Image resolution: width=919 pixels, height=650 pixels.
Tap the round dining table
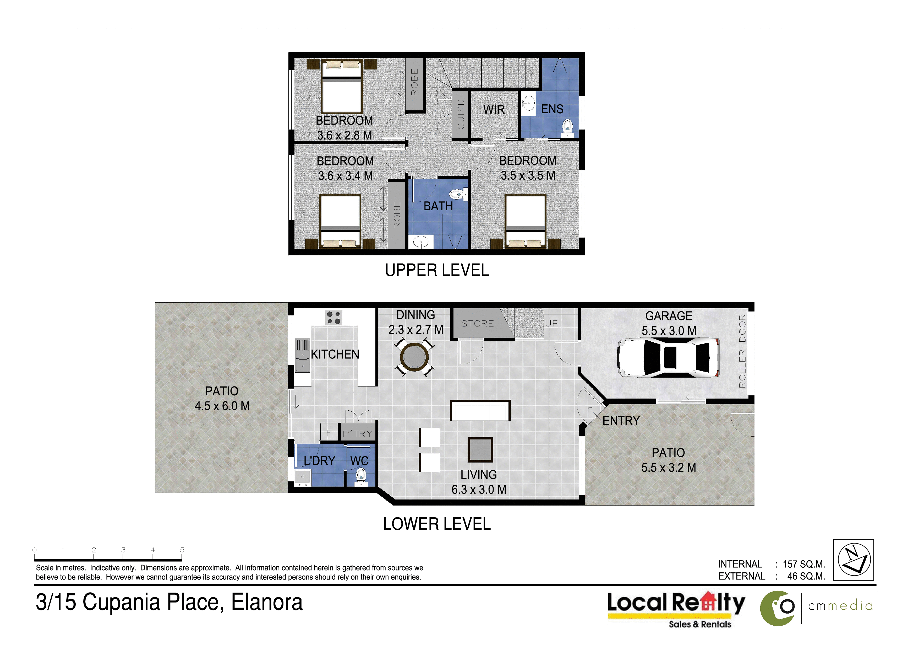(415, 357)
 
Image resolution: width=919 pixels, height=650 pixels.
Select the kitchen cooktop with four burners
(333, 318)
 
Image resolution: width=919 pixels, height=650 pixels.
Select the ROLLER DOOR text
(742, 351)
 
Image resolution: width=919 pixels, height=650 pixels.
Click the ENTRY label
(621, 421)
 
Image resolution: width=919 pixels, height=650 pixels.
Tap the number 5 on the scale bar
(182, 550)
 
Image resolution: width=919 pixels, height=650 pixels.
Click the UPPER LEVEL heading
(437, 270)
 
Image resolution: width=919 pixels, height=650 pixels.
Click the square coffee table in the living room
(480, 449)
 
